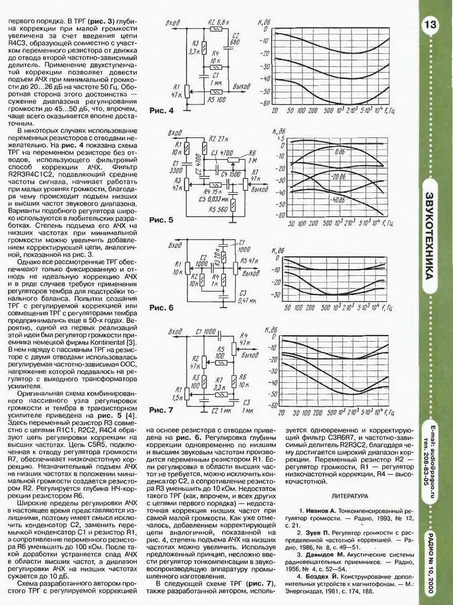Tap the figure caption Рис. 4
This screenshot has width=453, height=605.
tap(161, 111)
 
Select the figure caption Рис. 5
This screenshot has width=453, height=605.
tap(161, 220)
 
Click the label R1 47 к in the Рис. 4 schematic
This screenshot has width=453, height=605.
tap(177, 91)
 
